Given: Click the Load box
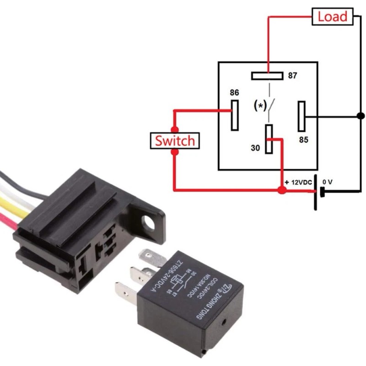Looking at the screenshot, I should point(333,17).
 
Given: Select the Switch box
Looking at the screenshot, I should point(174,140).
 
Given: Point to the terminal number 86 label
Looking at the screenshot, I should point(234,92).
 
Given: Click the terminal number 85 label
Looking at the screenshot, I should point(303,140).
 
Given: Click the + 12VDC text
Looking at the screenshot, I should point(298,182).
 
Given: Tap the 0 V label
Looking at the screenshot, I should point(328,182).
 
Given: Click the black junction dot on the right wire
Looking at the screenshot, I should point(361,115).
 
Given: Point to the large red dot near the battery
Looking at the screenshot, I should point(282,189).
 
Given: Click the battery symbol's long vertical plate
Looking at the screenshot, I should point(316,192).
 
